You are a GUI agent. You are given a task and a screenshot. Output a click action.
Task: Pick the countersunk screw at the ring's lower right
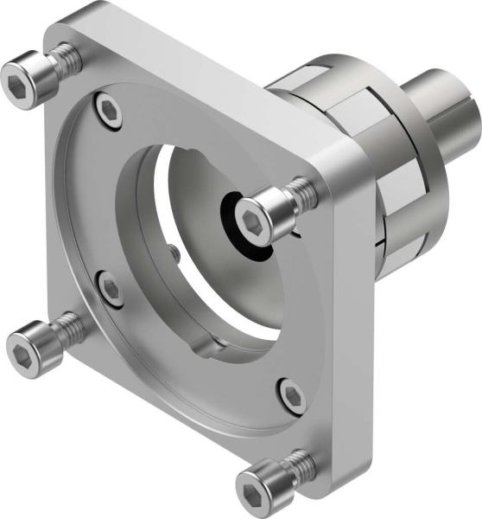(x=291, y=396)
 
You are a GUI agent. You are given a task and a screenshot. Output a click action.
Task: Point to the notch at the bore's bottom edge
(x=207, y=347)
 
